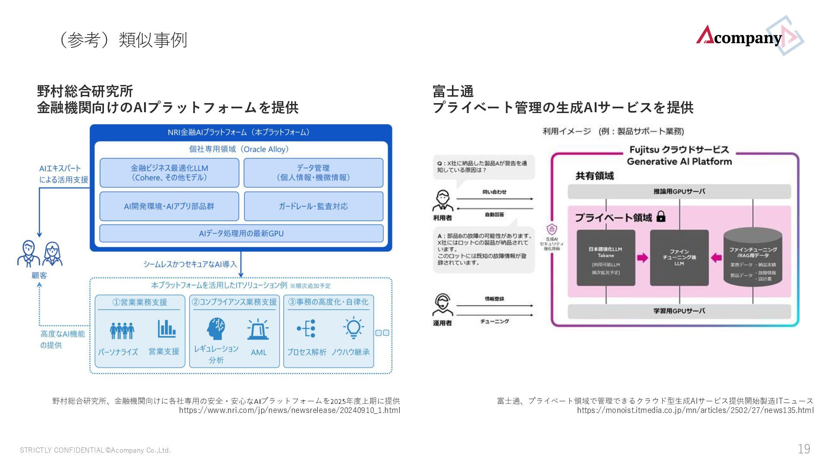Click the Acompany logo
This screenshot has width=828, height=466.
point(749,36)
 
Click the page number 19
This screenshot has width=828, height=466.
point(804,449)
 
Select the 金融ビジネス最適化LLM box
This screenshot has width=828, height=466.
point(169,173)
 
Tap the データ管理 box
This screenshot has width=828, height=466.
point(313,173)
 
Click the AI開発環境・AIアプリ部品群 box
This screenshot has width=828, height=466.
point(169,206)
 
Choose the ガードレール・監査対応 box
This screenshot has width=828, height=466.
point(313,206)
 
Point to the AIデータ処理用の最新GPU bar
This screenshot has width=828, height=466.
point(241,233)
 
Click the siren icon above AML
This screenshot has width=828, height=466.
point(258,330)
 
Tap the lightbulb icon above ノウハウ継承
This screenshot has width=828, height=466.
point(353,328)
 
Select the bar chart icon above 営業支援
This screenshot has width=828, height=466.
point(166,329)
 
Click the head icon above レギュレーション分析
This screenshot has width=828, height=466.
point(216,329)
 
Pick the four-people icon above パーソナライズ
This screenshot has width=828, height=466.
point(122,330)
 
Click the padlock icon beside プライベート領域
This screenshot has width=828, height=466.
point(661,216)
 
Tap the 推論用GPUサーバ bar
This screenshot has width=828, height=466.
point(679,192)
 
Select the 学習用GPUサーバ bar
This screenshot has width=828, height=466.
point(679,311)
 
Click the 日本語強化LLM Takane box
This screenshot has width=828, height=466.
point(606,258)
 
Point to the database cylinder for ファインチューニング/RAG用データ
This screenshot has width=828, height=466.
point(753,258)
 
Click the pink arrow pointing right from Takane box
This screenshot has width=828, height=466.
point(643,258)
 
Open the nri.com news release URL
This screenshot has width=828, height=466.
point(289,410)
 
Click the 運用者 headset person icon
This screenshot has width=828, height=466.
point(442,305)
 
